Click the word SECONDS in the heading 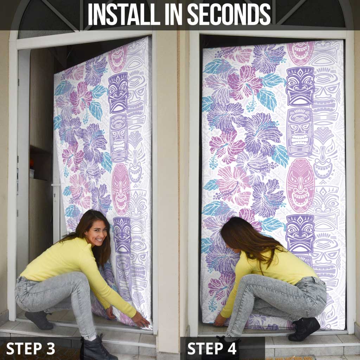click(x=229, y=14)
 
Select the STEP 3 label click(x=31, y=348)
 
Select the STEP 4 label click(x=212, y=348)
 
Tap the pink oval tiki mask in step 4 click(x=300, y=185)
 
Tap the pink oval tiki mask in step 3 click(x=121, y=189)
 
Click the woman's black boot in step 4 click(x=304, y=329)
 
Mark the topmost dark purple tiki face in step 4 click(x=300, y=86)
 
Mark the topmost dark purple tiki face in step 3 click(x=118, y=93)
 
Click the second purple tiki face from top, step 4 click(x=300, y=133)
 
